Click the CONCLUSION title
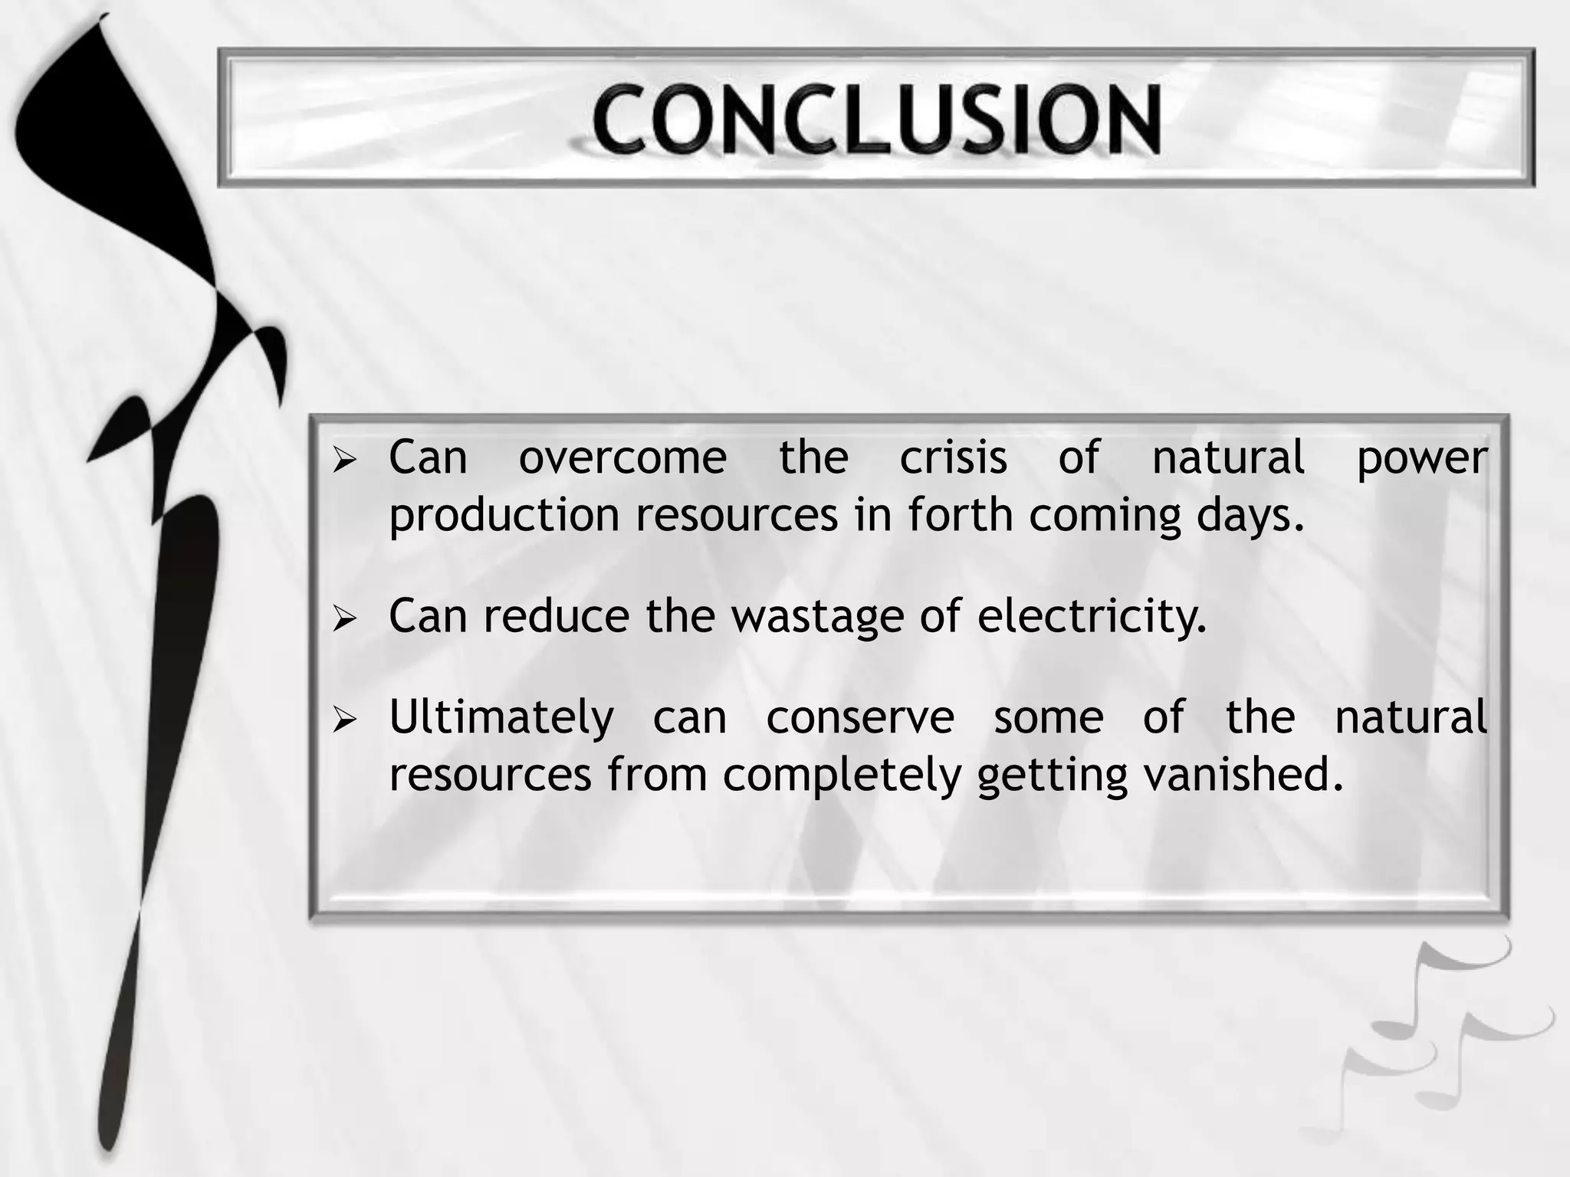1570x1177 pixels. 876,120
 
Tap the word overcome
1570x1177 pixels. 622,457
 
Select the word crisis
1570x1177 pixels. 953,457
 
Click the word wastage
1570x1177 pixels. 817,617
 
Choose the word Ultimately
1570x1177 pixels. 501,719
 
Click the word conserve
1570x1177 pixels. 860,718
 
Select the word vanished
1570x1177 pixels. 1243,775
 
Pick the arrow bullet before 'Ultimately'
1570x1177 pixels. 346,720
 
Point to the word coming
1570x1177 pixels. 1104,516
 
